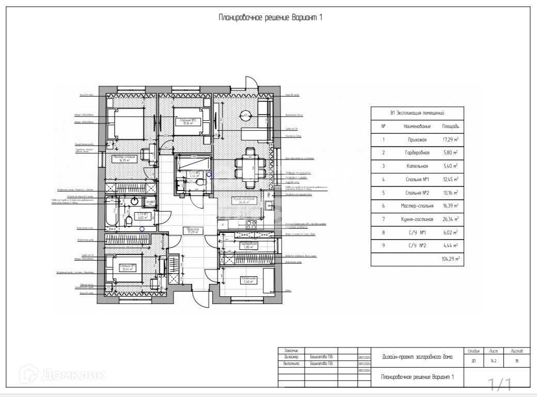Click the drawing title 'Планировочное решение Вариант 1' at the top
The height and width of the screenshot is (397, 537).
point(271,18)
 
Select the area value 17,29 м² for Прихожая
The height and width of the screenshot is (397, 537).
point(450,139)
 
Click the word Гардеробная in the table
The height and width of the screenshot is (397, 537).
point(417,153)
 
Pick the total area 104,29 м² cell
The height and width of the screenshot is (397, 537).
point(450,259)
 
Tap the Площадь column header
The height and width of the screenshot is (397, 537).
point(450,126)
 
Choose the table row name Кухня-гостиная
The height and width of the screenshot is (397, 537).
point(417,219)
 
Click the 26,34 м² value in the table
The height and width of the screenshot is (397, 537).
point(450,219)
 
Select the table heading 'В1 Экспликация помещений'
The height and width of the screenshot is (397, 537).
point(417,113)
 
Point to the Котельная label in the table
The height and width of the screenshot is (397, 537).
point(417,166)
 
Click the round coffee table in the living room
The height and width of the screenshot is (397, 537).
point(245,115)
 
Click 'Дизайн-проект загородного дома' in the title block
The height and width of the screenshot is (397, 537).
point(417,356)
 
